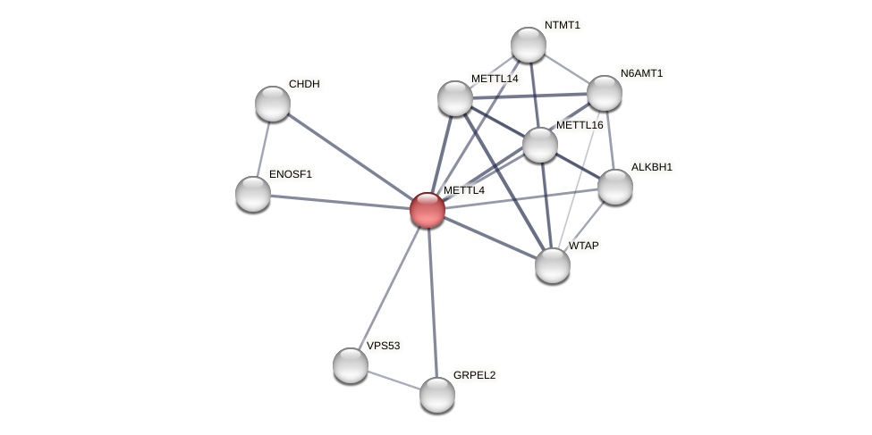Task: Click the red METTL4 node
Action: pos(428,210)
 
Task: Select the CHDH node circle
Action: pos(273,104)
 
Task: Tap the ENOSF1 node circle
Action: pos(253,194)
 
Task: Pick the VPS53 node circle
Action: pos(351,365)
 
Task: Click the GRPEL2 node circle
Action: pos(437,395)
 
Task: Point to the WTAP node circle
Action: pos(553,265)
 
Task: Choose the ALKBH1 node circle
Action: pos(615,187)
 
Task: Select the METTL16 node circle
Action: pos(540,145)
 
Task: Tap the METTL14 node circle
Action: pos(455,98)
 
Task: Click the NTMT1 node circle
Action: pos(529,45)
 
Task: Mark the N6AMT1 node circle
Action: pos(605,93)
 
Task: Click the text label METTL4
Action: pos(463,190)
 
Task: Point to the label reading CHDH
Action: pos(304,84)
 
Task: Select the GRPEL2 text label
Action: pos(474,375)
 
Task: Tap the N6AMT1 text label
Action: pos(641,73)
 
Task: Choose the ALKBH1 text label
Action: pos(651,167)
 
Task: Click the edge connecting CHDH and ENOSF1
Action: pos(263,148)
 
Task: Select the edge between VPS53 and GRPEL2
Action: pos(394,380)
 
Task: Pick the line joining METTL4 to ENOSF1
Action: pos(340,202)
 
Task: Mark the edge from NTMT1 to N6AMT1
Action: pos(566,69)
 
